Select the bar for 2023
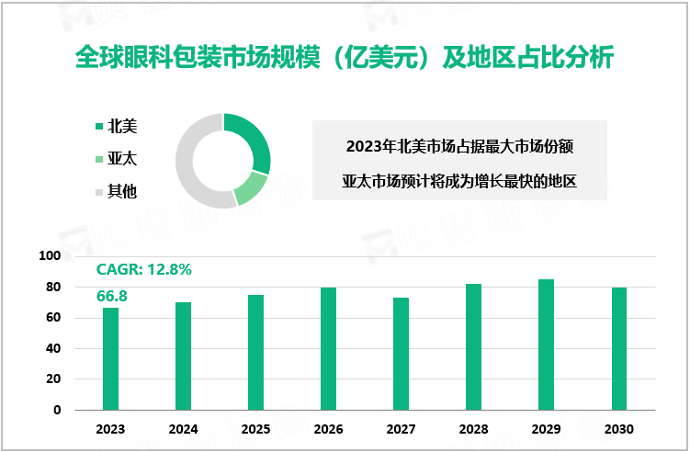coord(110,358)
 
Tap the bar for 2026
coord(328,348)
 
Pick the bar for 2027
coord(401,353)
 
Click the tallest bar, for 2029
coord(546,344)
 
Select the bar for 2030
coord(618,348)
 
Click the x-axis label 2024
coord(183,429)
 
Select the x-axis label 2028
coord(473,429)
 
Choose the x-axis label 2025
coord(255,429)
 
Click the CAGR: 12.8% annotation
coord(143,269)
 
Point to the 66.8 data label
coord(111,295)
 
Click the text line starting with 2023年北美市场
coord(459,145)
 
